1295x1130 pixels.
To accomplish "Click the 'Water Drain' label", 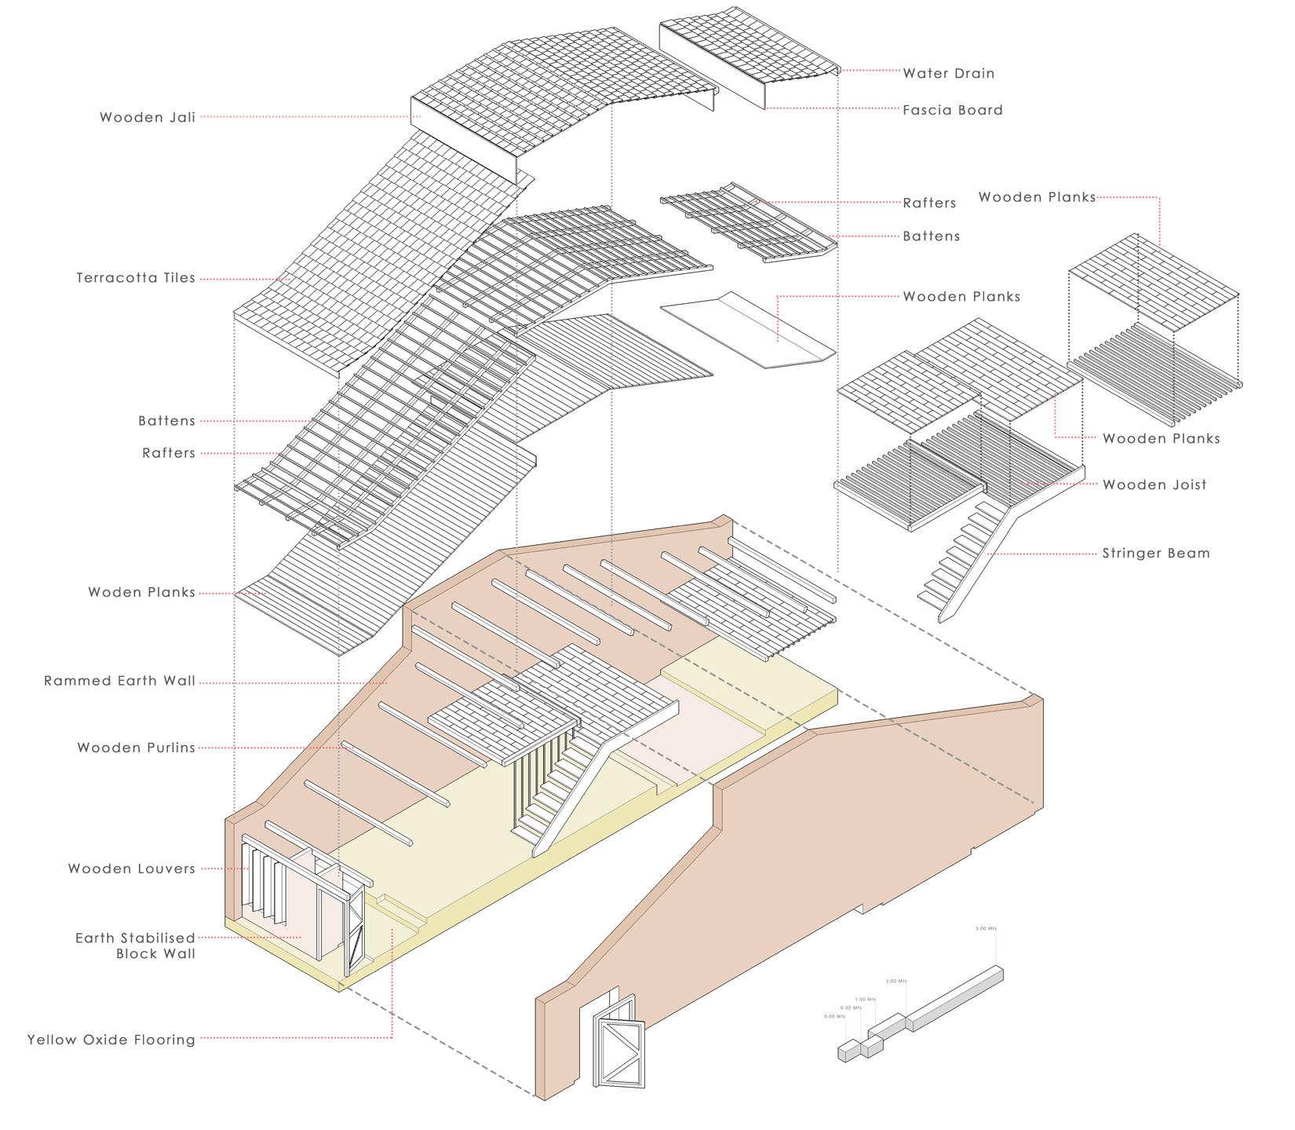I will point(948,74).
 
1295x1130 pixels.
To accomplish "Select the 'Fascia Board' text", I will point(952,110).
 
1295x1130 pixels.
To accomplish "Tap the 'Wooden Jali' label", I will point(148,118).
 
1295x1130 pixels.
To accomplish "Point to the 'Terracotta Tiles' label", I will point(136,278).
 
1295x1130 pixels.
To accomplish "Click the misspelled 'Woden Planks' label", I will point(141,592).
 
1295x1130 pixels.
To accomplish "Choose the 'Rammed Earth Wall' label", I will point(119,681).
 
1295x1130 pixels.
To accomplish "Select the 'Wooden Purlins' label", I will point(136,748).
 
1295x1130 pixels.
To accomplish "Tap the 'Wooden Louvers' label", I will point(131,869).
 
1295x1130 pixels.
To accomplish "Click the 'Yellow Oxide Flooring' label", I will point(111,1040).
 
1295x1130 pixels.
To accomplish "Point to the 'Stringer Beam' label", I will point(1155,554).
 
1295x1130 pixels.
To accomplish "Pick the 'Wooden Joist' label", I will point(1154,485).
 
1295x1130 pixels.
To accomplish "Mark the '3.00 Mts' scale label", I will point(986,928).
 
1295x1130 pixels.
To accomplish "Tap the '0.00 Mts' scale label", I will point(834,1016).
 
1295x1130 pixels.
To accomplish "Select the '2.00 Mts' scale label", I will point(896,981).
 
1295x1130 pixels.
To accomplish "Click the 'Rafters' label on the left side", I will point(169,453).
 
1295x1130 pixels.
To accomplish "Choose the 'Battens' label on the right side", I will point(931,236).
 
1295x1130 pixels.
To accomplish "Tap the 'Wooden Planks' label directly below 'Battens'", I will point(961,297).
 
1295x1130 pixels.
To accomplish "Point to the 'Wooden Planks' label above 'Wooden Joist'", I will point(1161,438).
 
